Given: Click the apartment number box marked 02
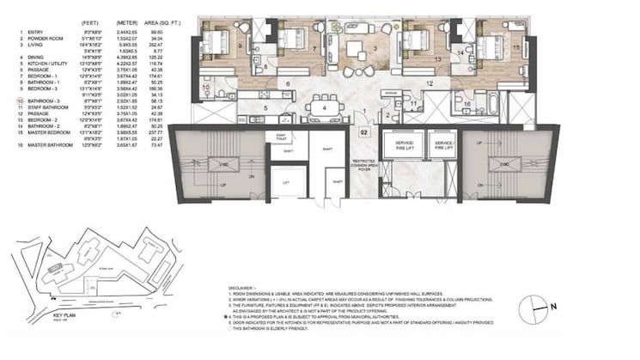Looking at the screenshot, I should tap(364, 133).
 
